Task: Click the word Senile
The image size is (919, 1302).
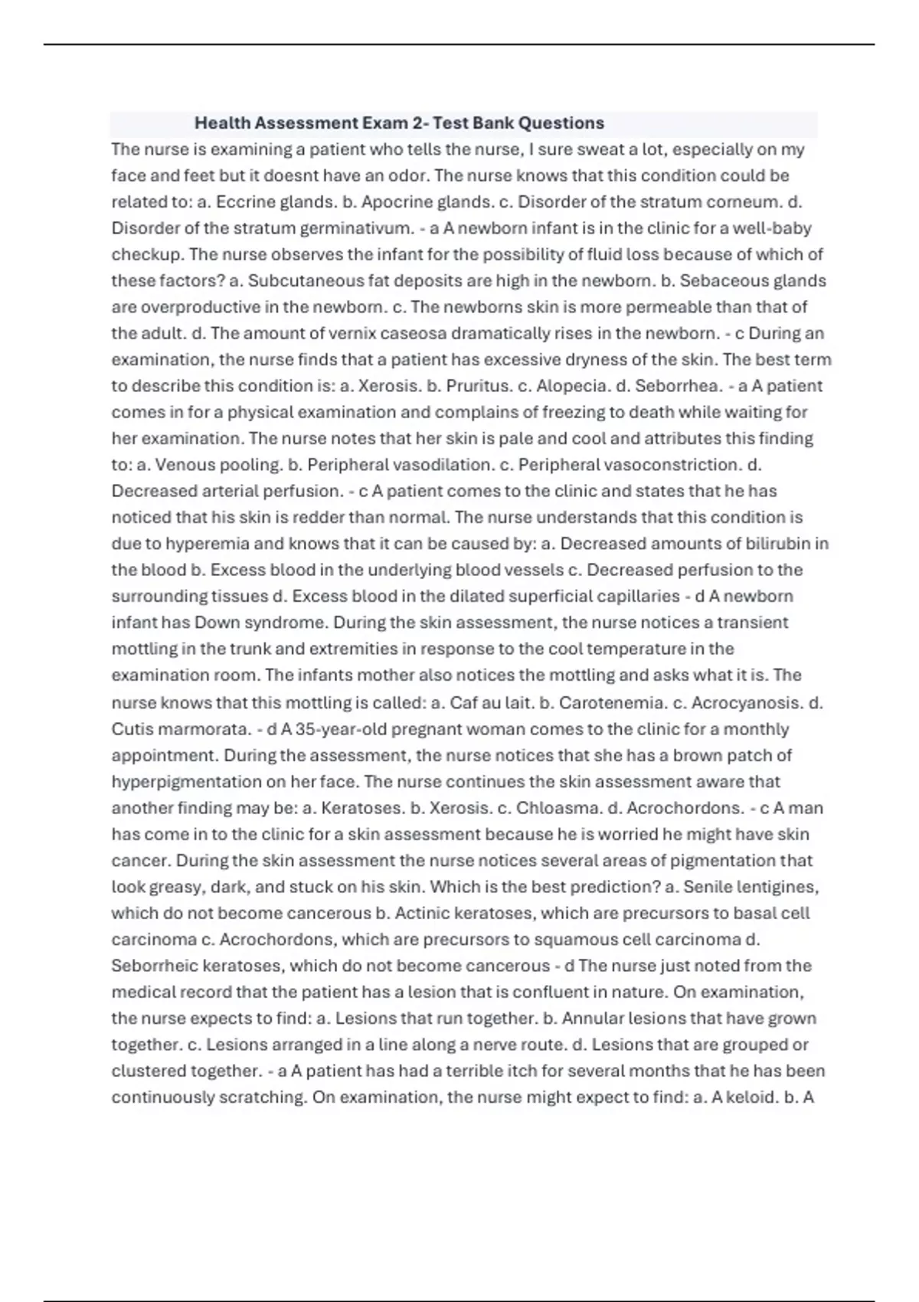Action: pyautogui.click(x=707, y=887)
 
